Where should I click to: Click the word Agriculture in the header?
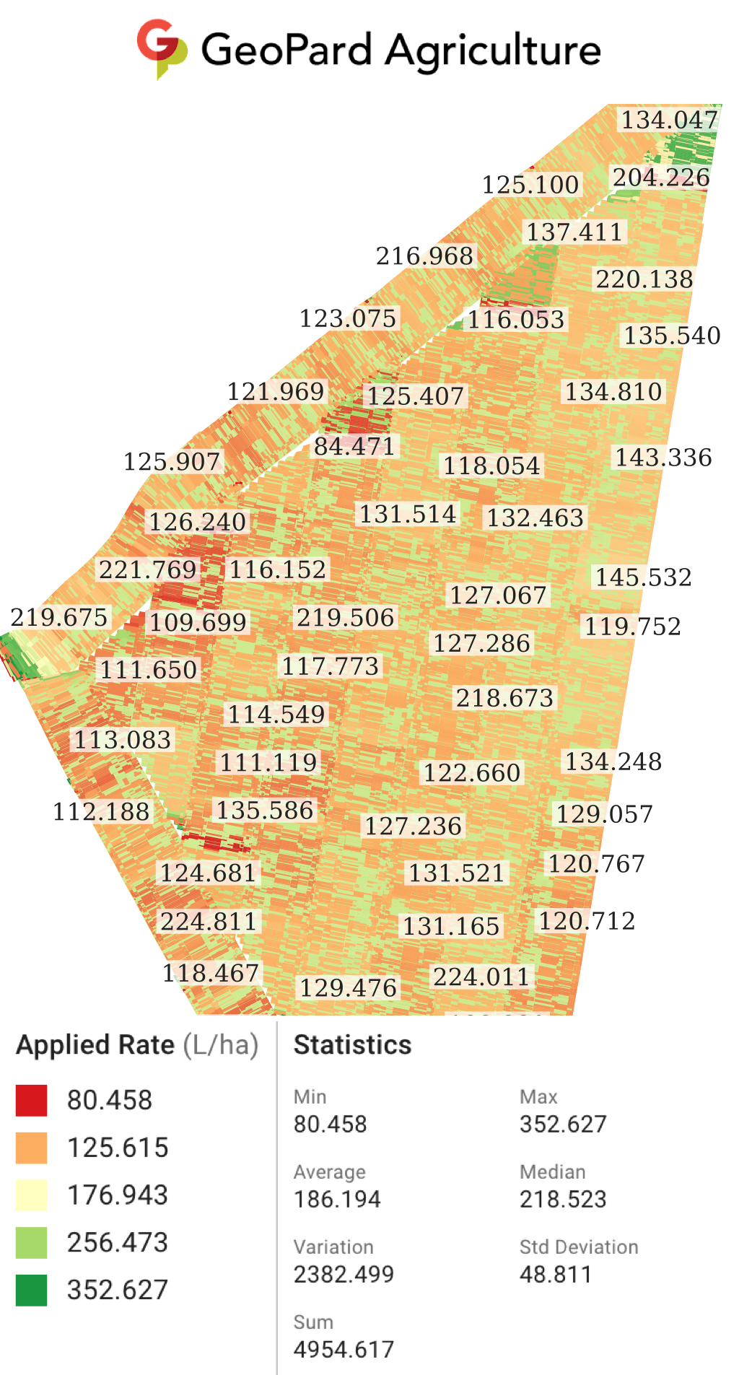(x=493, y=51)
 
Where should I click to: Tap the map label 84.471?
(x=354, y=446)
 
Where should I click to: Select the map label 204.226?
(x=661, y=177)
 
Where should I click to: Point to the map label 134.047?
(x=670, y=120)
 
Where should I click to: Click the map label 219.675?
(x=59, y=617)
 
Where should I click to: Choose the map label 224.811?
(x=209, y=922)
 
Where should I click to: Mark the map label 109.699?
(x=198, y=622)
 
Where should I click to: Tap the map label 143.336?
(x=663, y=457)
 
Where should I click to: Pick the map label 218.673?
(x=504, y=698)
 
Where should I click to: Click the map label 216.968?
(x=424, y=256)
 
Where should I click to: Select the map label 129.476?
(x=348, y=987)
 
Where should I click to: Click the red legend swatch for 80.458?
(x=31, y=1100)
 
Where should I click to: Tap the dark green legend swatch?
(x=31, y=1290)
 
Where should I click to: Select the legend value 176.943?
(x=118, y=1195)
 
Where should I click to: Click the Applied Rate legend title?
(x=137, y=1044)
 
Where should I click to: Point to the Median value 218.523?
(x=563, y=1199)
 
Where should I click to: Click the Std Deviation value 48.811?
(x=555, y=1274)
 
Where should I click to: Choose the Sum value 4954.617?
(x=344, y=1349)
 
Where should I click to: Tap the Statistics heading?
(x=352, y=1044)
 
